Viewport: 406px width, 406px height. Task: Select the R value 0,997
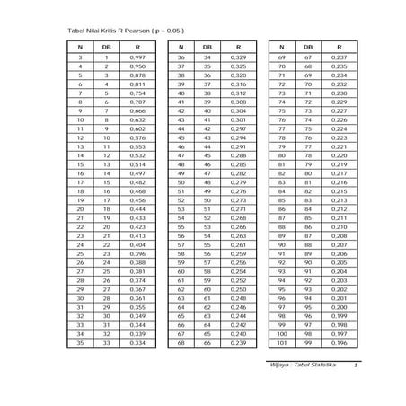pyautogui.click(x=137, y=57)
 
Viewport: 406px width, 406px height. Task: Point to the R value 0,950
pyautogui.click(x=137, y=66)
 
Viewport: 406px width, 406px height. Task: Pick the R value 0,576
pyautogui.click(x=137, y=137)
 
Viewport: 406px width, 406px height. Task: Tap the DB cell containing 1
pyautogui.click(x=106, y=57)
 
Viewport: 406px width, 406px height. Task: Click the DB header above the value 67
pyautogui.click(x=308, y=45)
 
